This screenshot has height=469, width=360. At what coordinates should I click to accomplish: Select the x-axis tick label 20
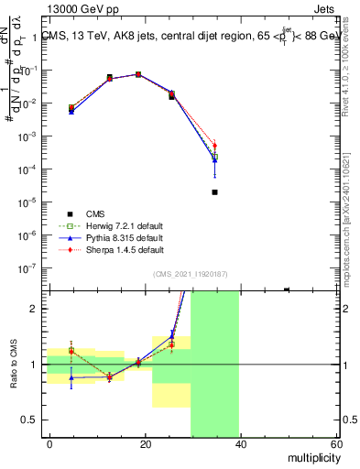coord(146,444)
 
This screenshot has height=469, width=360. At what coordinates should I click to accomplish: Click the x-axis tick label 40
coord(241,444)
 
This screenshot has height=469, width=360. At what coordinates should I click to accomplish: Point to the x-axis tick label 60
coord(336,444)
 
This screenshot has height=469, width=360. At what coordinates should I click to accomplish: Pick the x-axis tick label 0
coord(49,444)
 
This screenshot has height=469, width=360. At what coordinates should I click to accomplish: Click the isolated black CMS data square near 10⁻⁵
coord(214,192)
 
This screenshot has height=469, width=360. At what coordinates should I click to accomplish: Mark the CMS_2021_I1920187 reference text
coord(189,274)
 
